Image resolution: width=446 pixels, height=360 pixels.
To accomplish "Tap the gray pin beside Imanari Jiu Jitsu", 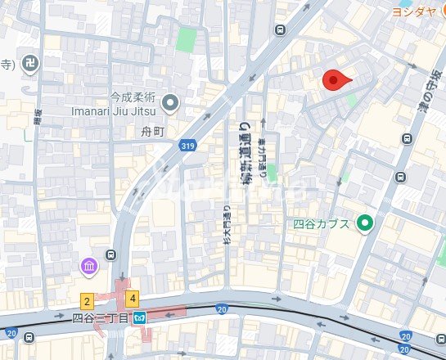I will [170, 102].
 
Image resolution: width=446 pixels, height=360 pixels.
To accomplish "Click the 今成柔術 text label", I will [133, 95].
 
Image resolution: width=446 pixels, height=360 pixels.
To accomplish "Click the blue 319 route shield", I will [187, 145].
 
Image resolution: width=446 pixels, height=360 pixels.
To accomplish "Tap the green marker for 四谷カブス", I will [365, 223].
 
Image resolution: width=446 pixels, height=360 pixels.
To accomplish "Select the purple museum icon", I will [88, 266].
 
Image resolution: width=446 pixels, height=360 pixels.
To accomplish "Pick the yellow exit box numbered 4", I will [132, 299].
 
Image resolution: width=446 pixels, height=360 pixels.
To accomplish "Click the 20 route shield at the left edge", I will [11, 333].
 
